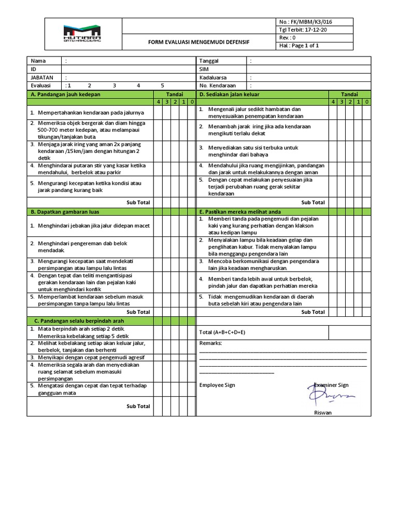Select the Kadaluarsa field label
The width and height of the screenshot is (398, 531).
pos(213,77)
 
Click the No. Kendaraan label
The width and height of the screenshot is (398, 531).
pos(218,86)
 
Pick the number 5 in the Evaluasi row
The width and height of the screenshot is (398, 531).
pos(162,86)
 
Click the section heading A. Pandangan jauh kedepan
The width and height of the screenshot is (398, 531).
pos(65,94)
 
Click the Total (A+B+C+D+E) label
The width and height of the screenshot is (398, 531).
pos(222,332)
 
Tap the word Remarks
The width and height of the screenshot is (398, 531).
pos(210,343)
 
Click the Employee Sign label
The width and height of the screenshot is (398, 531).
pos(217,385)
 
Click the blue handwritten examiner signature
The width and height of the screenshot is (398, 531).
pos(330,395)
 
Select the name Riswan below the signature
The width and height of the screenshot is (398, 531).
pos(323,413)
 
